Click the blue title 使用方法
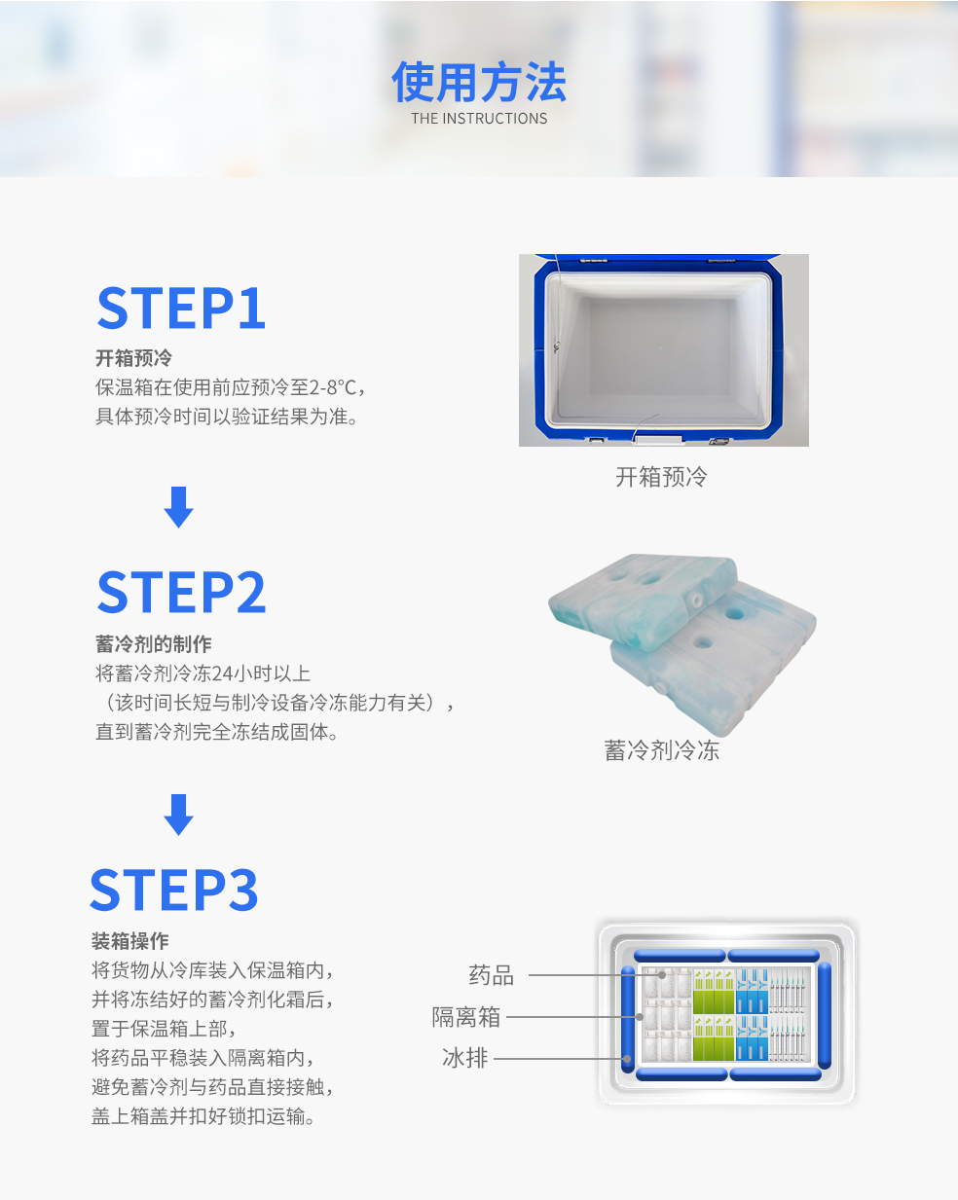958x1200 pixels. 479,82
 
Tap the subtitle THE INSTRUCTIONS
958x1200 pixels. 479,118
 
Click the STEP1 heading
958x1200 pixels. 181,308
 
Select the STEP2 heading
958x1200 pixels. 181,592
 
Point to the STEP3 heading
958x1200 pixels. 174,890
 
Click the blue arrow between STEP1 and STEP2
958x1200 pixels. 178,507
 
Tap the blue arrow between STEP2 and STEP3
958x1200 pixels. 178,815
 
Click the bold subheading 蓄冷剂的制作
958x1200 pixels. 154,644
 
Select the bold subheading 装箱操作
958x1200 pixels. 130,941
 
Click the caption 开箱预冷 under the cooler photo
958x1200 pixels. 661,477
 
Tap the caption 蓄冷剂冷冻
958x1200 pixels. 662,750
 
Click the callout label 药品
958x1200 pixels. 491,975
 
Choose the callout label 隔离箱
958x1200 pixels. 466,1017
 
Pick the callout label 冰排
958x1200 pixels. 464,1058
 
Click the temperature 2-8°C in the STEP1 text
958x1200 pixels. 332,387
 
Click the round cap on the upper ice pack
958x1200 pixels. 695,600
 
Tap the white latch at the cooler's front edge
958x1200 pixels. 660,441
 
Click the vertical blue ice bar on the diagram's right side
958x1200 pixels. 824,1015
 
